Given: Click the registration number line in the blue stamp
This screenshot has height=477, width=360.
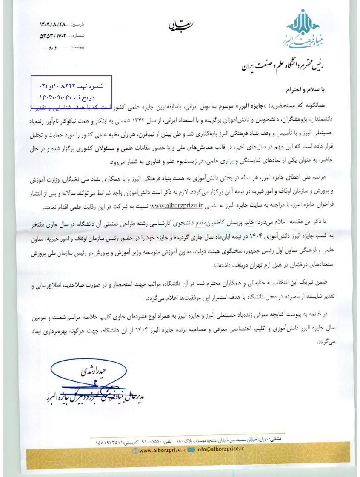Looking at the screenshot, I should click(71, 86).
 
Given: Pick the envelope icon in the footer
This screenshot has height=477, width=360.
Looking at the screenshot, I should click(191, 449).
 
